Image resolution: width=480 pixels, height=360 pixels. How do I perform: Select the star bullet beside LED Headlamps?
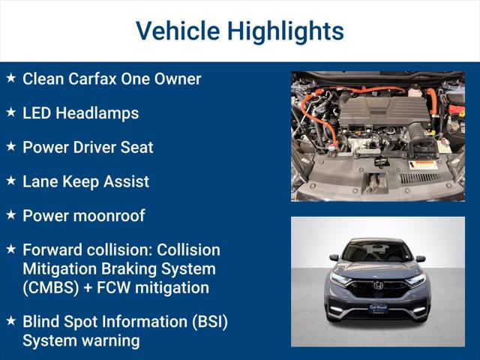point(10,112)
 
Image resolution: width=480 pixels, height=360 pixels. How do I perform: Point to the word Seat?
point(138,147)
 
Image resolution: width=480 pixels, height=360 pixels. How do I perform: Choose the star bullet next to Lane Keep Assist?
point(10,181)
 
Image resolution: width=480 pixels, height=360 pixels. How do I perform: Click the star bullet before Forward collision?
point(10,249)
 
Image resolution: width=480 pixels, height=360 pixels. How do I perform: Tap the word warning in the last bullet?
point(108,340)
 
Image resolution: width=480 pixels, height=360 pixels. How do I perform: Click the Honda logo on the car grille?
point(378,285)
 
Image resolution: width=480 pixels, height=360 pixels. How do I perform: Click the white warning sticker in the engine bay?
point(423,164)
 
